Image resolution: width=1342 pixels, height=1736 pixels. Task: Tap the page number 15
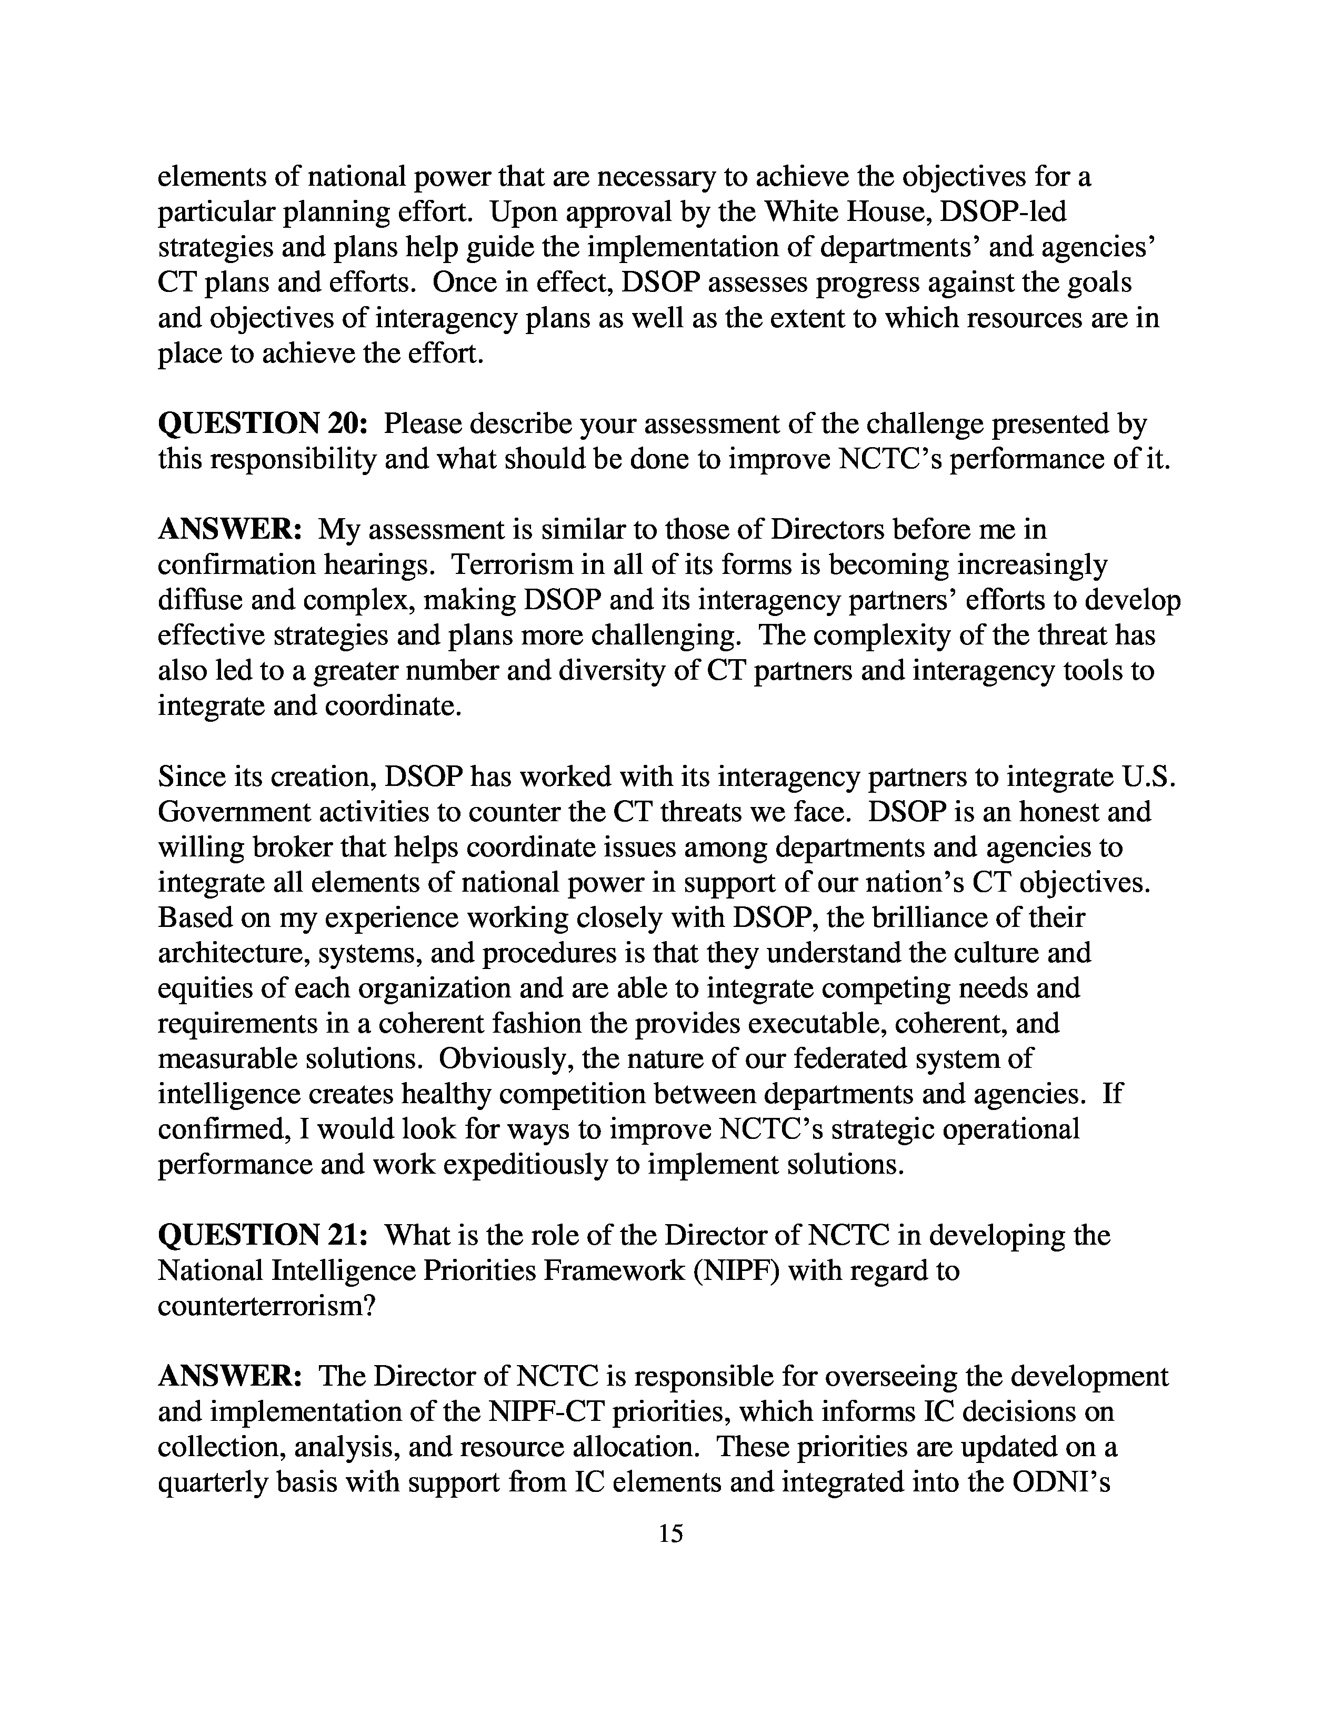pyautogui.click(x=670, y=1533)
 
